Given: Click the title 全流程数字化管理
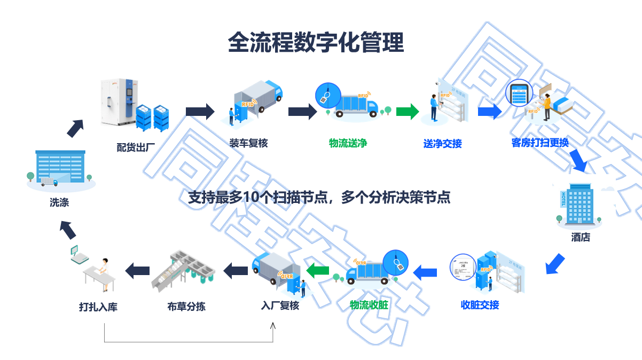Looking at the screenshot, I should tap(316, 42).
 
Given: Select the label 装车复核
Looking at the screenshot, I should tap(248, 143).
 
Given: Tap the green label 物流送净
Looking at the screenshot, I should tap(348, 143).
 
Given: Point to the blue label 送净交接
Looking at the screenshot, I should tap(442, 144).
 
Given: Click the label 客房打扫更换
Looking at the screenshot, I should tap(539, 143).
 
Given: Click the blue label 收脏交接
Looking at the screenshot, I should tap(480, 305).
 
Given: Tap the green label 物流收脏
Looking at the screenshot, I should tap(369, 305).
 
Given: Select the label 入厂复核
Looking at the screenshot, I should tap(280, 306).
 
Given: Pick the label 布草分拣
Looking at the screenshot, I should tap(186, 307).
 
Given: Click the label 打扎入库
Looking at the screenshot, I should tap(98, 307).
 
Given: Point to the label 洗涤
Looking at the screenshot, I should tap(59, 203).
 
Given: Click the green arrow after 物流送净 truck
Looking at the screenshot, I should tap(407, 111).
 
